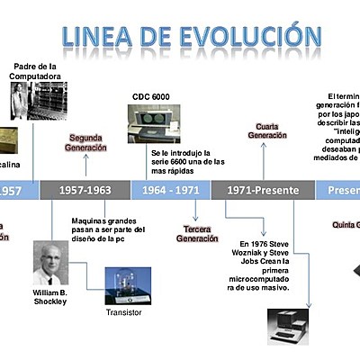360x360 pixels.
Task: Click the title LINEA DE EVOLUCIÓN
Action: (192, 37)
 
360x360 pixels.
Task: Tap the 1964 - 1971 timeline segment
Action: (171, 190)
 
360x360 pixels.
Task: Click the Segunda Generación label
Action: (87, 142)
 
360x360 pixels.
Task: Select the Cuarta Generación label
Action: (264, 130)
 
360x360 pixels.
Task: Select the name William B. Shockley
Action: (50, 298)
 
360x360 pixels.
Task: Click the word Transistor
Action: (124, 314)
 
